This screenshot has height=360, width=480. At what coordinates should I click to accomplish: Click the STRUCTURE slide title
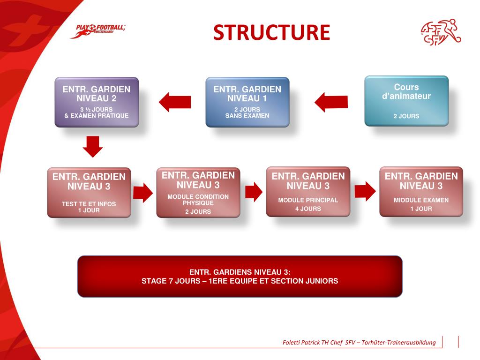(271, 32)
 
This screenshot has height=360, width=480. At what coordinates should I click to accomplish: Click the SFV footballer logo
(441, 32)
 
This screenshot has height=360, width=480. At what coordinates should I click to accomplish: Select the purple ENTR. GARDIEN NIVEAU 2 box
(97, 102)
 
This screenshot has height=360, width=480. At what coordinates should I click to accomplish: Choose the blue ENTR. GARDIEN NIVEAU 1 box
(247, 102)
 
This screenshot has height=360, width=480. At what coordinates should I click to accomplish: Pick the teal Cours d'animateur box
(406, 101)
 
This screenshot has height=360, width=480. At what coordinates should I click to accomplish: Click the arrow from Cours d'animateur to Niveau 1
(331, 101)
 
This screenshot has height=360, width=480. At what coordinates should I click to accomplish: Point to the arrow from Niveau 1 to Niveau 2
(175, 101)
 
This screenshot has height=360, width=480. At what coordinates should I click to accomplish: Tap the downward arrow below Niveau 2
(93, 146)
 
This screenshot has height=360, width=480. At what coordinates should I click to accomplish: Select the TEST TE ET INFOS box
(89, 192)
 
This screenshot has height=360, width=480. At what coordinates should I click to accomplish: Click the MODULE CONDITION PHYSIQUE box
(198, 193)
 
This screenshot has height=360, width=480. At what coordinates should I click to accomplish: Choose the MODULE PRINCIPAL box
(308, 191)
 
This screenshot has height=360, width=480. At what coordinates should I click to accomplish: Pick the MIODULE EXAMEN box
(421, 191)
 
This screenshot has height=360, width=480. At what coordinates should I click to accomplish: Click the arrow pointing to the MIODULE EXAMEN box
(365, 191)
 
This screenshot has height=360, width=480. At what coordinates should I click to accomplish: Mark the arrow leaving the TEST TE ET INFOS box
(143, 192)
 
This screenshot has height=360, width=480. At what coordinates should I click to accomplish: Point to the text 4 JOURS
(308, 209)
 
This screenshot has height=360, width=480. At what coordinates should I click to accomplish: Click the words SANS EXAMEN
(247, 116)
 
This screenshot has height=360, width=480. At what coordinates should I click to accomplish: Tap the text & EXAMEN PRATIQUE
(97, 116)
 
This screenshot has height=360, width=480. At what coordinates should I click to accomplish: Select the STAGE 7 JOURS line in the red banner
(240, 281)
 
